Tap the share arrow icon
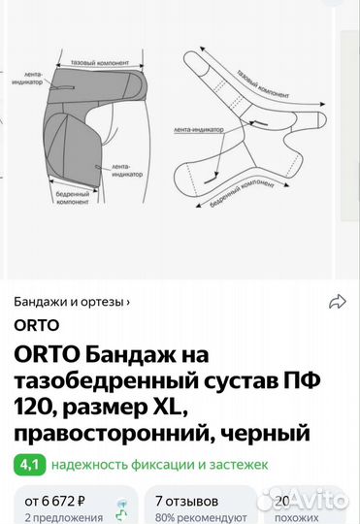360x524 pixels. tap(338, 302)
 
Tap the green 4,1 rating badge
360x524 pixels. tap(28, 464)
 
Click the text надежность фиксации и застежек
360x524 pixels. tap(159, 465)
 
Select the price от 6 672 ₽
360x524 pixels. tap(55, 501)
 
